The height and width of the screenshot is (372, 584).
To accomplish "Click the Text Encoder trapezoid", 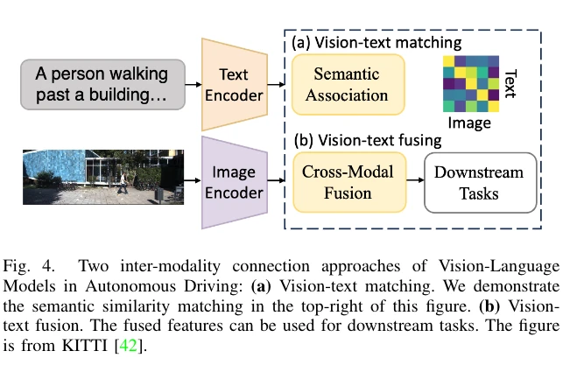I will (233, 82).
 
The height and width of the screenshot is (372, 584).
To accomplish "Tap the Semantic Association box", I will (348, 85).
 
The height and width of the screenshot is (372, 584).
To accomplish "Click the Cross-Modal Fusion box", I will (348, 183).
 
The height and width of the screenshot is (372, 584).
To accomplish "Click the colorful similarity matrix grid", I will (472, 83).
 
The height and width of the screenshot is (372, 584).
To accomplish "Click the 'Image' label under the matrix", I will (471, 123).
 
